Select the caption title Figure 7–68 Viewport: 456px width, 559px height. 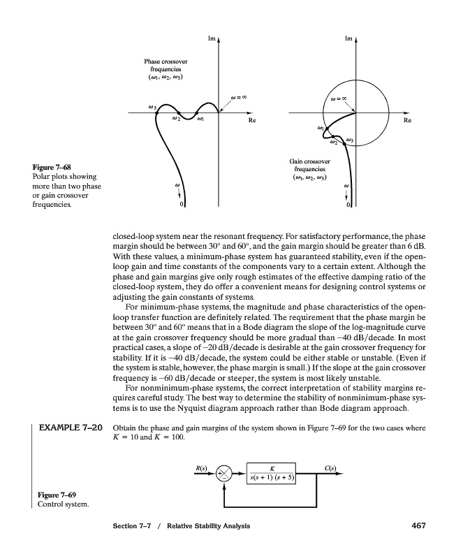[52, 167]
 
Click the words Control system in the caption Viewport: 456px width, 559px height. [60, 506]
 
